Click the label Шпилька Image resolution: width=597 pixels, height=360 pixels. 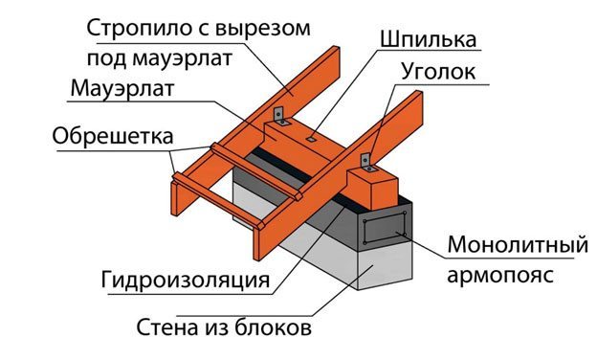click(x=428, y=39)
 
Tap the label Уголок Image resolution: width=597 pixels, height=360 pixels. click(x=438, y=71)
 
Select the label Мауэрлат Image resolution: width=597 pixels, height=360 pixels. click(x=122, y=88)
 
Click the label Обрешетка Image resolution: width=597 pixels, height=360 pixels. click(x=113, y=136)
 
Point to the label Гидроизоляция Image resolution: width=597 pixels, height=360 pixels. click(x=186, y=280)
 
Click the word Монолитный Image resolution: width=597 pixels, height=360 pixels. click(x=518, y=244)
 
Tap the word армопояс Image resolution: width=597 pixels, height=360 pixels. click(x=500, y=275)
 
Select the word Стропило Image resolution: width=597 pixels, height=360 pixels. click(x=138, y=29)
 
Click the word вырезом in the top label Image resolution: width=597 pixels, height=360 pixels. click(x=263, y=29)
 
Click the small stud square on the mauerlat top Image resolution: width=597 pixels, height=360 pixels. click(x=312, y=140)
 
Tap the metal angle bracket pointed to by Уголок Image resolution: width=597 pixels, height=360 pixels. click(x=366, y=163)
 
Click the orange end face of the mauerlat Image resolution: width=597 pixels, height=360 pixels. click(x=373, y=190)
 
